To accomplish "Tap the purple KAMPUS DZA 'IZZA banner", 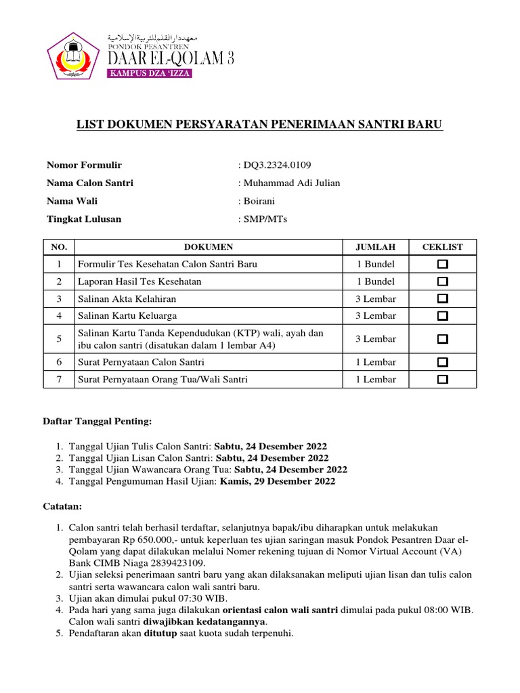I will [x=150, y=73].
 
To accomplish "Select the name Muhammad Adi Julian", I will [x=292, y=183].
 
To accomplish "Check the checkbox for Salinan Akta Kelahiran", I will [x=442, y=298].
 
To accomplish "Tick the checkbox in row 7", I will [x=442, y=380].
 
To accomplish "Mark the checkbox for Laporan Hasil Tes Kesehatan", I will [x=442, y=282].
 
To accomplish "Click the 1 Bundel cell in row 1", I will [x=375, y=264].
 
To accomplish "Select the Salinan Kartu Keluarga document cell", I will [x=128, y=315].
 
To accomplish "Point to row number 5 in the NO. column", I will [x=60, y=338].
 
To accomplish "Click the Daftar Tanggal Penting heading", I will [x=99, y=422].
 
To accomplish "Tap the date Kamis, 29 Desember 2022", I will [x=278, y=482].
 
